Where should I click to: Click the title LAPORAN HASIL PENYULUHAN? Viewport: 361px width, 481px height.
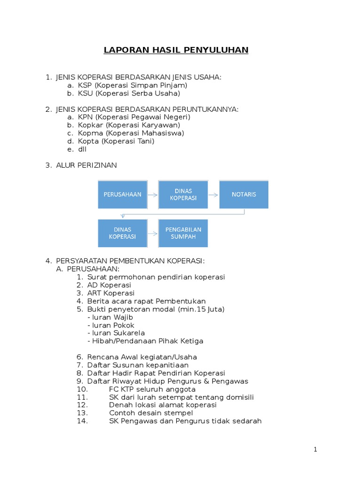[176, 50]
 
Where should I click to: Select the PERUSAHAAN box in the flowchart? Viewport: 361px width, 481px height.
[122, 194]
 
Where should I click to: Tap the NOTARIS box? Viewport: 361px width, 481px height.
[244, 194]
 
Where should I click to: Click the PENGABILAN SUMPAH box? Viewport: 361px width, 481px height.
[183, 233]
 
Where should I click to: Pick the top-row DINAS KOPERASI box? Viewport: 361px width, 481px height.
[183, 194]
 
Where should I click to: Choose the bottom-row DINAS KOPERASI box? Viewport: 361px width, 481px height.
[122, 233]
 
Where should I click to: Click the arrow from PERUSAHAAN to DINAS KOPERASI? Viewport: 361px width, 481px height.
[152, 194]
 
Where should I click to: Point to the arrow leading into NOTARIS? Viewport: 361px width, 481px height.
[213, 194]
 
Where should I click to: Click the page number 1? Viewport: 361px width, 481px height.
[315, 450]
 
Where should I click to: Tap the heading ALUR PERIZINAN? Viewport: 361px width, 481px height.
[86, 165]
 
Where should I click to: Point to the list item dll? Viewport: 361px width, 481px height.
[82, 149]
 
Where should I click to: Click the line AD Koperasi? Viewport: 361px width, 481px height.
[109, 285]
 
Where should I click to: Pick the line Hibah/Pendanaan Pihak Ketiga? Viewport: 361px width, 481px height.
[145, 341]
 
